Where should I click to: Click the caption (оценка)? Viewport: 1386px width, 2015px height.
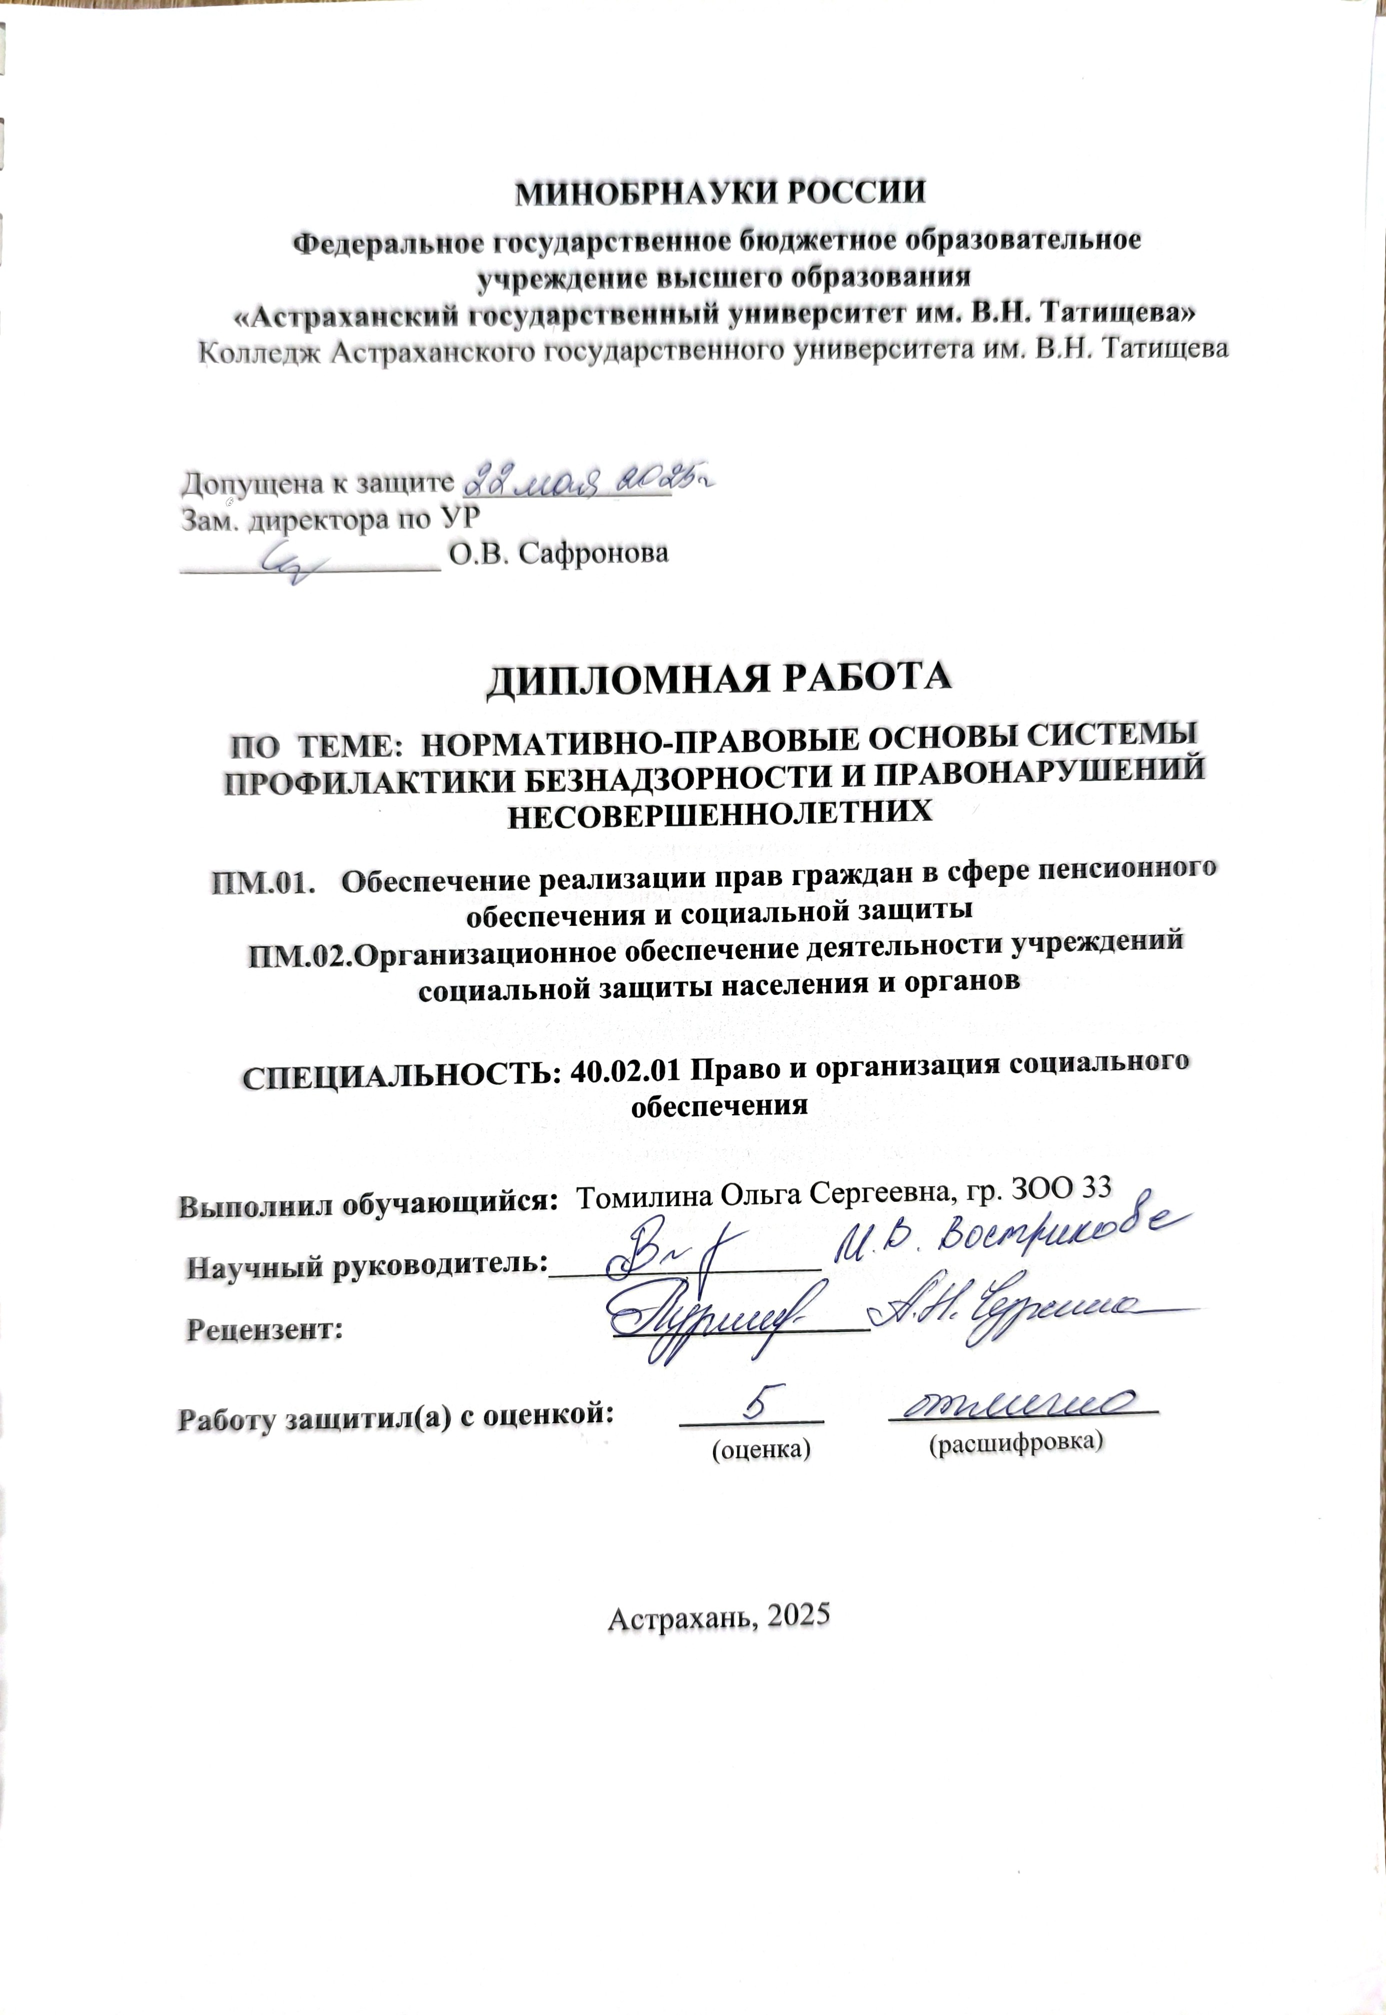760,1449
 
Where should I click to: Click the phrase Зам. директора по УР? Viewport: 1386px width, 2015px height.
330,519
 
